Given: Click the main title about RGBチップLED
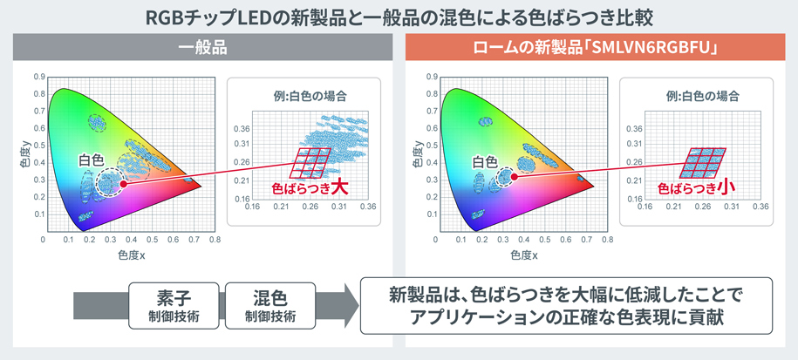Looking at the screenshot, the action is tap(399, 18).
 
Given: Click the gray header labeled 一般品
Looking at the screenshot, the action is tap(202, 48).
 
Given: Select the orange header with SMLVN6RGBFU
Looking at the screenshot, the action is tap(595, 48).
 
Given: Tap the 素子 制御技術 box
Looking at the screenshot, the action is tap(174, 307).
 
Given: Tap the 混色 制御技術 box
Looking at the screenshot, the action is tap(270, 307).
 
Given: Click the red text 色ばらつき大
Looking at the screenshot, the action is tap(310, 188).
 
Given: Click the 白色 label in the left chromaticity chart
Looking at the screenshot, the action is tap(91, 160).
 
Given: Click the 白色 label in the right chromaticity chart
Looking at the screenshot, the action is tap(484, 162).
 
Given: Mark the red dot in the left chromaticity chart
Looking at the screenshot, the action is tap(124, 184).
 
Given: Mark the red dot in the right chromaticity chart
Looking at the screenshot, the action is tap(515, 177).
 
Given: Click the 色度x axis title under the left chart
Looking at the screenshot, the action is tap(132, 255).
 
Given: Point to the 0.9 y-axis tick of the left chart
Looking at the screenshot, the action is tap(39, 77).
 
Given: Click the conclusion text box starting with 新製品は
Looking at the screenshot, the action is tap(566, 306).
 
